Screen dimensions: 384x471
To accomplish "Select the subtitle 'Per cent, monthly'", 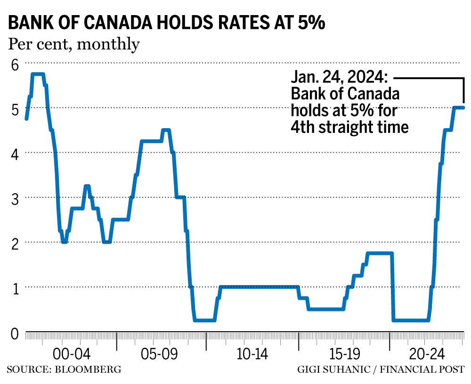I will (x=73, y=44).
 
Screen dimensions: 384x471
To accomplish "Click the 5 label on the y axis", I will (x=14, y=108).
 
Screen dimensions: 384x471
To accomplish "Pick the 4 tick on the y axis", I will (x=14, y=153).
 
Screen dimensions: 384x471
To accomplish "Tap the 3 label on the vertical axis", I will (x=14, y=198).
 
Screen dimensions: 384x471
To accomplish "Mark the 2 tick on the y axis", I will (x=14, y=243).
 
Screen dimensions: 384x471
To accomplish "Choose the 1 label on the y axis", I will (x=14, y=287).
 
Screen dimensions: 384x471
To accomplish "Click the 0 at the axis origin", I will (x=14, y=333).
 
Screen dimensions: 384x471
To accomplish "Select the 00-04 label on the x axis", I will (x=71, y=354).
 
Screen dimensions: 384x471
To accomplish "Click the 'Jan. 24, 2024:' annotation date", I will (x=339, y=78).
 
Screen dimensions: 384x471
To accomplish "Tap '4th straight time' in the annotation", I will (x=349, y=127).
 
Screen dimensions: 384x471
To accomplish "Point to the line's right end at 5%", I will (x=463, y=107).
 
